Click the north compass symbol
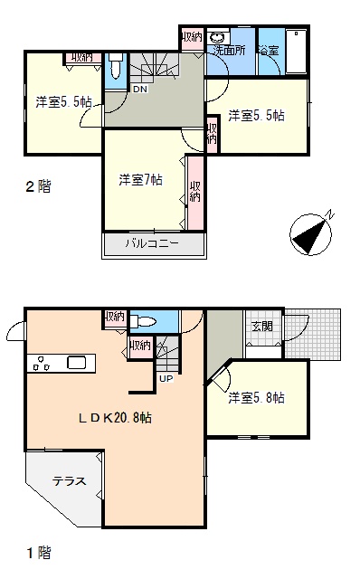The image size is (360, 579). [x=311, y=233]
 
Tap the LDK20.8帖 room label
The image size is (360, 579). [x=115, y=418]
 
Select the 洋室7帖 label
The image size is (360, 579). [x=140, y=180]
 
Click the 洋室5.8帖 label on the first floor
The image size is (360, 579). [x=256, y=398]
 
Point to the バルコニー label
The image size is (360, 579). [x=152, y=243]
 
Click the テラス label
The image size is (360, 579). [x=69, y=480]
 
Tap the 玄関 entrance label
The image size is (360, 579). [x=262, y=326]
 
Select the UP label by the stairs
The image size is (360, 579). [x=166, y=378]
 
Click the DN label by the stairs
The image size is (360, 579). [x=140, y=89]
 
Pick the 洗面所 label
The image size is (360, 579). [x=229, y=51]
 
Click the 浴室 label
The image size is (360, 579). [x=269, y=51]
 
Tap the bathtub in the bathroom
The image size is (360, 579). [x=296, y=52]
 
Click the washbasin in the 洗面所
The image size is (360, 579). [x=217, y=37]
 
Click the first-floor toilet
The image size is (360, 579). [x=143, y=321]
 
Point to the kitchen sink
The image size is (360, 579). [x=76, y=363]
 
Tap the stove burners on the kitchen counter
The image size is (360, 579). [x=41, y=363]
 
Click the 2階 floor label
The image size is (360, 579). [x=38, y=186]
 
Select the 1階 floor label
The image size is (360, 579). [x=38, y=553]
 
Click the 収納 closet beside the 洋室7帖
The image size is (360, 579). [x=195, y=193]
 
